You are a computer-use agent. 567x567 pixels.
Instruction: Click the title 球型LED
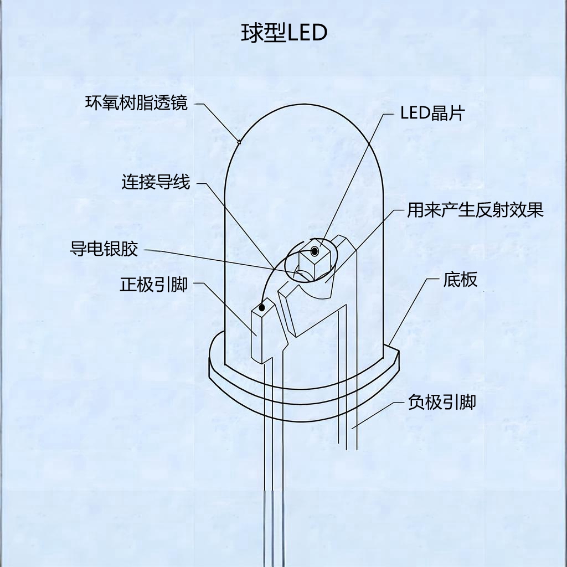click(x=284, y=33)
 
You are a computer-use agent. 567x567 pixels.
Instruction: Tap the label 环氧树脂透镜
click(x=137, y=103)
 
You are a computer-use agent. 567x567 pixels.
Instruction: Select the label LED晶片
click(x=432, y=114)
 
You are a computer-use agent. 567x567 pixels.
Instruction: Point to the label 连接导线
click(x=156, y=182)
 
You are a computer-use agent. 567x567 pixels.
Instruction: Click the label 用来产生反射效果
click(x=475, y=210)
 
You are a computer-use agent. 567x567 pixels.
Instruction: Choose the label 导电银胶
click(x=104, y=249)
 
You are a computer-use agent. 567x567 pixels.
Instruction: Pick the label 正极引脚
click(x=153, y=285)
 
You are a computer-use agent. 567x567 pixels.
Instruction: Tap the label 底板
click(x=460, y=280)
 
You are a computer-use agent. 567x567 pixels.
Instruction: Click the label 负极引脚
click(x=442, y=401)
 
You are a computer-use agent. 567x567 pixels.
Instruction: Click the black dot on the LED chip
click(x=315, y=252)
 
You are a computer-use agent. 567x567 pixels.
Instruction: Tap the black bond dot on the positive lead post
click(x=262, y=306)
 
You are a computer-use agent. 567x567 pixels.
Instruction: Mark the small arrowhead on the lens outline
click(x=239, y=142)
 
